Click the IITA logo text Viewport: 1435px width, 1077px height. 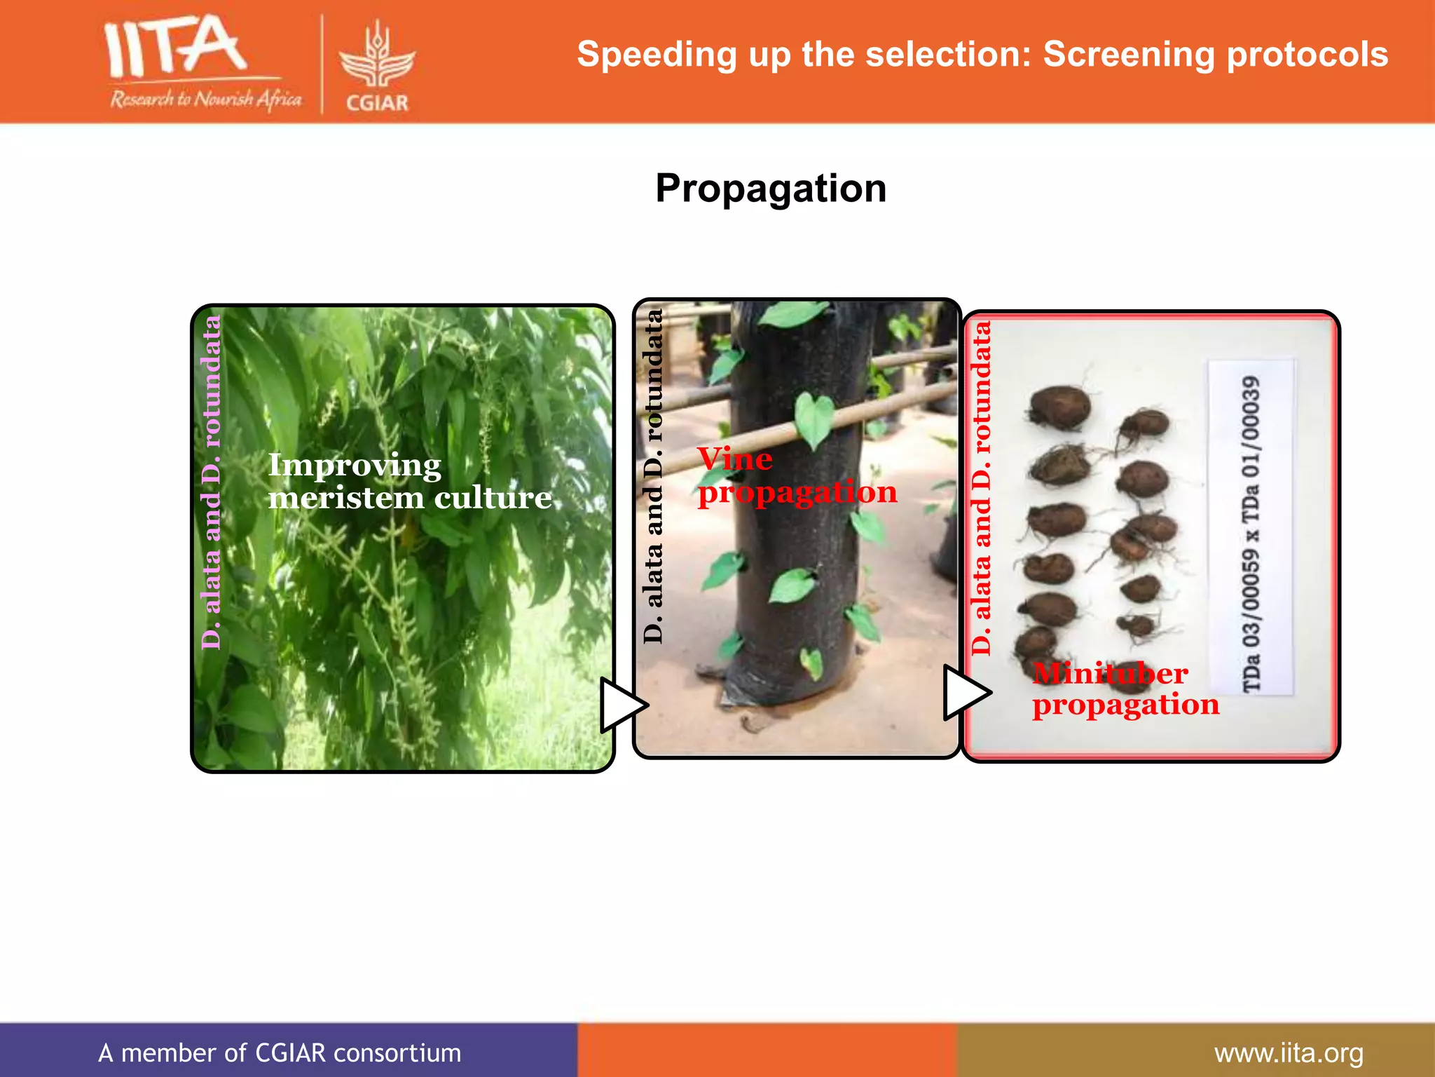pyautogui.click(x=175, y=48)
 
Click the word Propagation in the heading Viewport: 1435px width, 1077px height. pyautogui.click(x=771, y=189)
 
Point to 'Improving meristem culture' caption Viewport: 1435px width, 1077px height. pyautogui.click(x=409, y=482)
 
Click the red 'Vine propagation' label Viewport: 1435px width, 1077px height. pyautogui.click(x=797, y=476)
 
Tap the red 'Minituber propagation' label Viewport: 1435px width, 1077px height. pyautogui.click(x=1124, y=689)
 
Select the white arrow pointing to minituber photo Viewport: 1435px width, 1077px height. pyautogui.click(x=966, y=692)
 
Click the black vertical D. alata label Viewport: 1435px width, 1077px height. pyautogui.click(x=653, y=477)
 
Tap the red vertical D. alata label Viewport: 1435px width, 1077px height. pyautogui.click(x=982, y=489)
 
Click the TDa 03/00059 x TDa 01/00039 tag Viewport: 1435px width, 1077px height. pyautogui.click(x=1251, y=527)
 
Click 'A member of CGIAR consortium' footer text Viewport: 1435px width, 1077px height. pyautogui.click(x=280, y=1053)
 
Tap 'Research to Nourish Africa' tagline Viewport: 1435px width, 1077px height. pyautogui.click(x=205, y=100)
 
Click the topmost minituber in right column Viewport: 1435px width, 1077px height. pyautogui.click(x=1145, y=425)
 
